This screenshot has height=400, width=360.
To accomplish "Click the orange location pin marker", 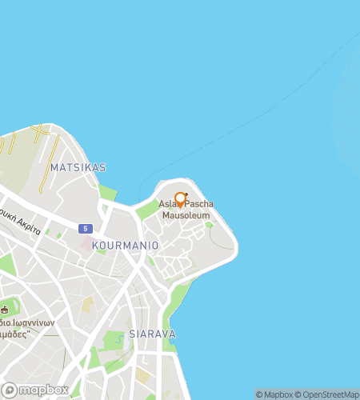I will tap(179, 201).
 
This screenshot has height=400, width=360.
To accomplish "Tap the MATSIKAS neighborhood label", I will tap(78, 167).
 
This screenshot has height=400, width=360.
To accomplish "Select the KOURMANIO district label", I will tap(126, 244).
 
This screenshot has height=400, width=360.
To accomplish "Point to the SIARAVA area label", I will tap(152, 334).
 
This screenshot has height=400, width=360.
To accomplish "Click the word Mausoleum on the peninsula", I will tap(186, 216).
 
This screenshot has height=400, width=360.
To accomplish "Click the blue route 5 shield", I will tap(86, 228).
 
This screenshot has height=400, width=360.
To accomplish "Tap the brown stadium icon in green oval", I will tap(6, 309).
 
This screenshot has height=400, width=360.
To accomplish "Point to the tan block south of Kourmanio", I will tap(88, 305).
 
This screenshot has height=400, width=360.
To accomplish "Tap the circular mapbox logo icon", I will tap(10, 390).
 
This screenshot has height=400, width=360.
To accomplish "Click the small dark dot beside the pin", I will tap(186, 194).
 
